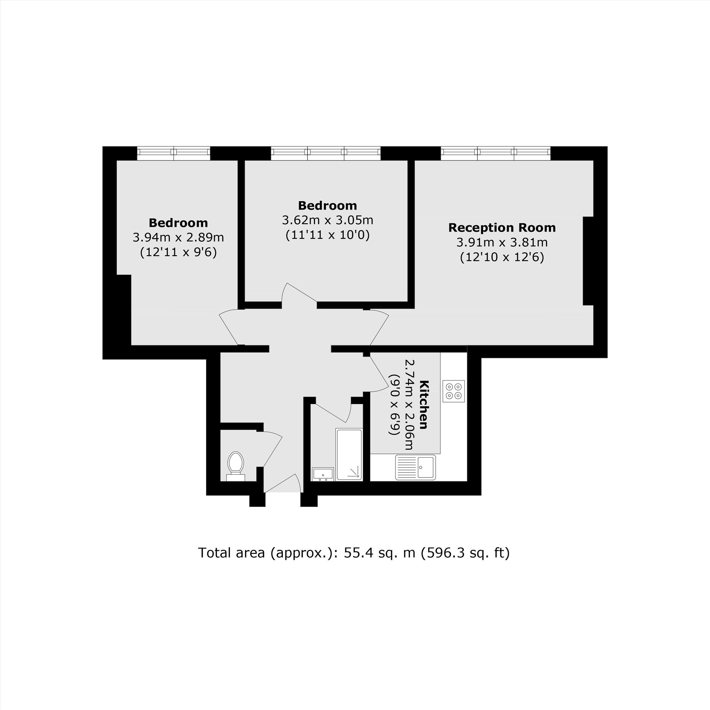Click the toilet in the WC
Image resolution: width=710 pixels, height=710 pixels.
pos(236,466)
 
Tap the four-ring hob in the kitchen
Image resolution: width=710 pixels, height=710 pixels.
pos(453,391)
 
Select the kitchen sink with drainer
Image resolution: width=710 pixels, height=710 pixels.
pos(415,467)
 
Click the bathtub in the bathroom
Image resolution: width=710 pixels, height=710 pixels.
pos(349,454)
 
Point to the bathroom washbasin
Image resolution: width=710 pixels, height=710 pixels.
pos(323,474)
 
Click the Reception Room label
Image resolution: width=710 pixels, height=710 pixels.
pos(502,228)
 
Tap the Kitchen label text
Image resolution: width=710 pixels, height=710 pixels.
pos(424,404)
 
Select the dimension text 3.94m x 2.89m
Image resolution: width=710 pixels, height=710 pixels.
pos(178,237)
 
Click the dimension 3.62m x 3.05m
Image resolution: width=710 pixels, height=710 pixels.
pos(327,220)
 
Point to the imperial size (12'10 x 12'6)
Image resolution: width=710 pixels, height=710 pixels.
pos(502,257)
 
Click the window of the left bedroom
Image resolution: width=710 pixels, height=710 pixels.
pos(174,153)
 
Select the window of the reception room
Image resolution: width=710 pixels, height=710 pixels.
pos(496,153)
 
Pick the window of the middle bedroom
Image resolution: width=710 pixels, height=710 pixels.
pos(326,153)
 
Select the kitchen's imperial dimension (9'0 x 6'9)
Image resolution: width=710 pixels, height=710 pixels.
pos(394,404)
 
